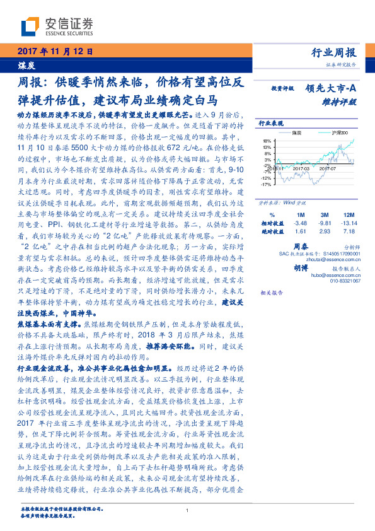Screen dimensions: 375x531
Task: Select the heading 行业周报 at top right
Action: [334, 53]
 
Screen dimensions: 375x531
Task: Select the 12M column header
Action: [349, 215]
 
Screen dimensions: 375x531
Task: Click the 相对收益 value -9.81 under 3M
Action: [325, 223]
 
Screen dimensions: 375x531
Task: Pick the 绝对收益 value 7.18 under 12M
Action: [349, 232]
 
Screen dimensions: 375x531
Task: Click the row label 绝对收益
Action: [272, 232]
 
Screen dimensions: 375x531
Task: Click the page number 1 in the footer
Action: [188, 510]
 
